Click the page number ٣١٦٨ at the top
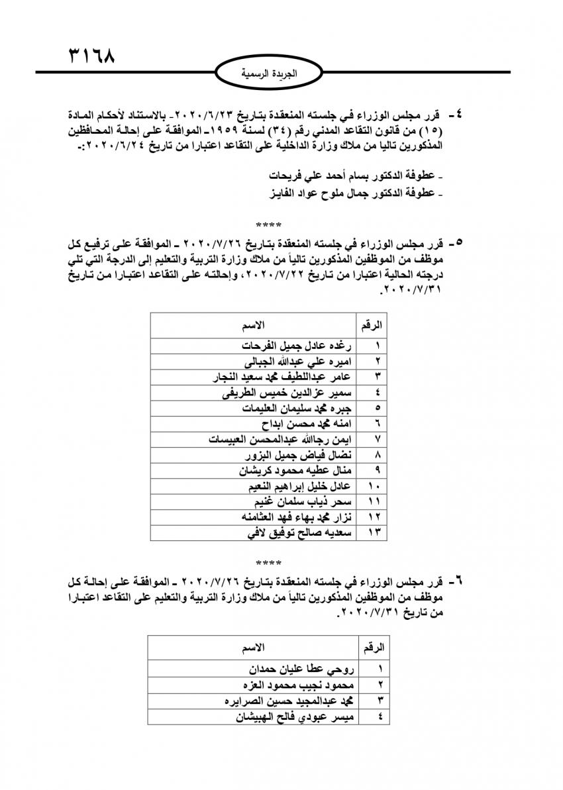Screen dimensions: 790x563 tap(91, 55)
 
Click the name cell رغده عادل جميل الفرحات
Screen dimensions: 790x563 tap(298, 346)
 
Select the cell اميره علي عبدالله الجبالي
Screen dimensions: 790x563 tap(298, 361)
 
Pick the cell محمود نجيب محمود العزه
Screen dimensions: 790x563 tap(297, 685)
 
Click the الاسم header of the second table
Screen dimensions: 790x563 tap(252, 646)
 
